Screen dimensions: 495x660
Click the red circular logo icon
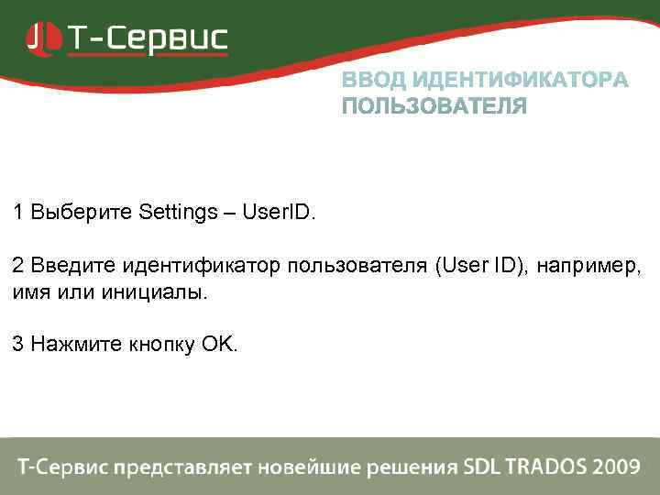(x=40, y=38)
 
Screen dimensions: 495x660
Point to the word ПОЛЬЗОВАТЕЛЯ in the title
(x=434, y=107)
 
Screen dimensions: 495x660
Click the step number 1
(x=18, y=213)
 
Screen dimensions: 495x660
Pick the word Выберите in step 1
(x=82, y=213)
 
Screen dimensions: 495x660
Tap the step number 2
(x=18, y=266)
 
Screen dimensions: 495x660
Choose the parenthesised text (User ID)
(x=481, y=266)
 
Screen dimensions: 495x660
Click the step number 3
(x=18, y=345)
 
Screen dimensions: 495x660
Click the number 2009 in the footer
(x=615, y=467)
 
